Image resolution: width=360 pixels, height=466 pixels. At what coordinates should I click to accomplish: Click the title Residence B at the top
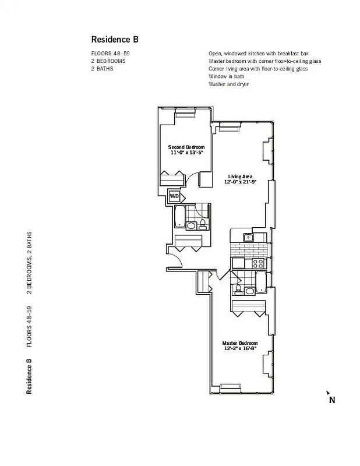[114, 40]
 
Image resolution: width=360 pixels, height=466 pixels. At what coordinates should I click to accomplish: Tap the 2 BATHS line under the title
[103, 69]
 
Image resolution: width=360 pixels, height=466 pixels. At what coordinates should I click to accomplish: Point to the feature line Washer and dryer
[228, 84]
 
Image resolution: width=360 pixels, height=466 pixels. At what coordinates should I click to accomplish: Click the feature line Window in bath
[226, 76]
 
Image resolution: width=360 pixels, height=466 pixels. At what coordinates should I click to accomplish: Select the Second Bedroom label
[186, 147]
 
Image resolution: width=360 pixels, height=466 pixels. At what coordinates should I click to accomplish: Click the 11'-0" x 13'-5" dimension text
[186, 153]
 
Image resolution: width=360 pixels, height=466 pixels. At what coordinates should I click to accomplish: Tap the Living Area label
[239, 176]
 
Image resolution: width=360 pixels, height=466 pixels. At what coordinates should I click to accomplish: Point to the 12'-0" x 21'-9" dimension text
[240, 182]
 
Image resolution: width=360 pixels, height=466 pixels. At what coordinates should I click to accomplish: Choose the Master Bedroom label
[240, 343]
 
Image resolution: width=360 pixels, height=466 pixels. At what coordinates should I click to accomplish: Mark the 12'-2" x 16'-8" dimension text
[240, 349]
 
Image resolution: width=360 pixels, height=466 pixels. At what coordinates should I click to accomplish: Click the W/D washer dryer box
[174, 196]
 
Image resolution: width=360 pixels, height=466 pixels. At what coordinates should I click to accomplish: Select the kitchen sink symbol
[248, 236]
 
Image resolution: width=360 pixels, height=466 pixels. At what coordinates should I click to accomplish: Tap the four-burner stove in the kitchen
[257, 263]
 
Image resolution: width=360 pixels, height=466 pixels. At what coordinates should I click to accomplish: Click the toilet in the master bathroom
[238, 289]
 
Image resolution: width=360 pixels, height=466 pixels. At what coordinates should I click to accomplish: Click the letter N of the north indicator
[332, 400]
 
